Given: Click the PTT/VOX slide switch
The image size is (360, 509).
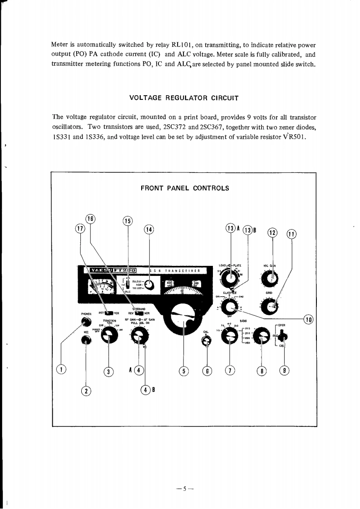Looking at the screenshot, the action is pyautogui.click(x=109, y=313).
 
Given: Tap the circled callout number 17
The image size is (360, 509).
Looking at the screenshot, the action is pyautogui.click(x=80, y=229).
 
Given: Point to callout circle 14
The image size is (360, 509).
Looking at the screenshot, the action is pyautogui.click(x=149, y=230).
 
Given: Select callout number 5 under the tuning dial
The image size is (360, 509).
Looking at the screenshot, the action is pyautogui.click(x=183, y=371).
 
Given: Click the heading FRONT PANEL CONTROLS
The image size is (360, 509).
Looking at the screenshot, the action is pyautogui.click(x=185, y=188).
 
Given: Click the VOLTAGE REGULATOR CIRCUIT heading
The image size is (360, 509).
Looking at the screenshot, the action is pyautogui.click(x=183, y=98).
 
